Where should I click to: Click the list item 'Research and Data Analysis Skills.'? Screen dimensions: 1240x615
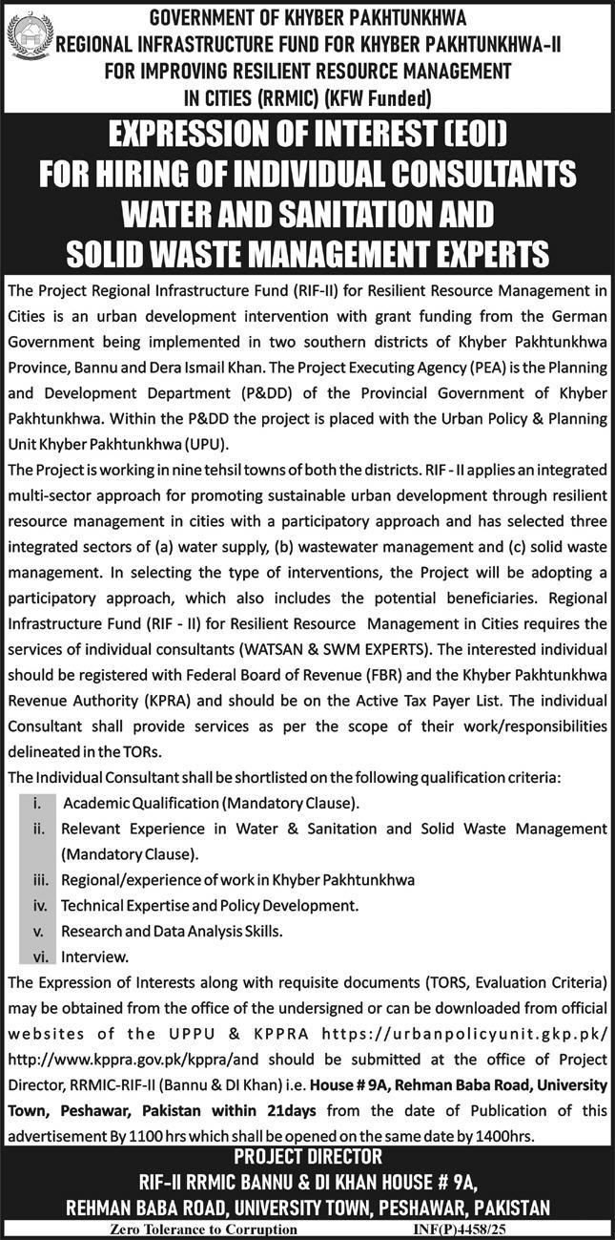[172, 929]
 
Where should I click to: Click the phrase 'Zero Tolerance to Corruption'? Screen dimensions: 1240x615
[203, 1229]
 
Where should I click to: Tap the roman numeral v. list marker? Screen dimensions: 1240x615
[40, 929]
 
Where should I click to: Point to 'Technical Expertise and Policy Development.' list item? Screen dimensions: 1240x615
[210, 904]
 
